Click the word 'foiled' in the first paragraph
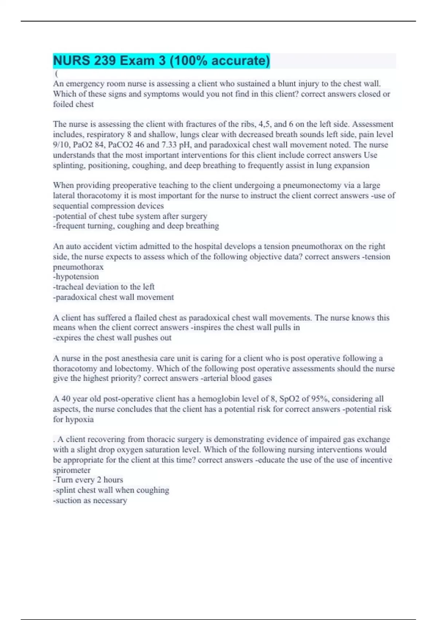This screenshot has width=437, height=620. (63, 104)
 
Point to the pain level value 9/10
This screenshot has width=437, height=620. (62, 145)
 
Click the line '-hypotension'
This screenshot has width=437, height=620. (76, 277)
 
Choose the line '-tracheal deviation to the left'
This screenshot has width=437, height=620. (104, 287)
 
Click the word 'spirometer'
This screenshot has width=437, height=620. (72, 470)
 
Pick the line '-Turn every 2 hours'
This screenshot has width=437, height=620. (88, 480)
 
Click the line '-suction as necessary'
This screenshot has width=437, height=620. (90, 501)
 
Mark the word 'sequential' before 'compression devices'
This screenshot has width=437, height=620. (71, 206)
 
